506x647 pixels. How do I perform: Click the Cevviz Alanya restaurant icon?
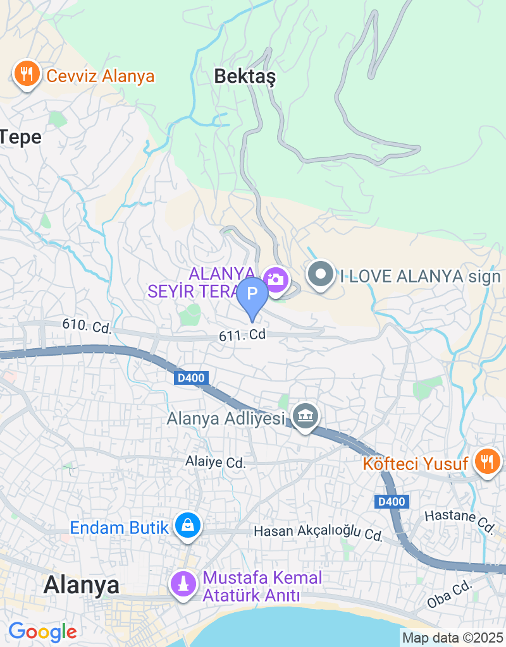pyautogui.click(x=26, y=75)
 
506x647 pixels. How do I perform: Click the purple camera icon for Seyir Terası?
pyautogui.click(x=276, y=279)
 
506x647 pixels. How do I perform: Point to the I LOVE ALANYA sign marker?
pyautogui.click(x=320, y=275)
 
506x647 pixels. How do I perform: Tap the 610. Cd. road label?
pyautogui.click(x=87, y=327)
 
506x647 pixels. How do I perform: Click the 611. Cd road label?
pyautogui.click(x=242, y=336)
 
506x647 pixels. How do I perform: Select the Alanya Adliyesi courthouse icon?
pyautogui.click(x=306, y=416)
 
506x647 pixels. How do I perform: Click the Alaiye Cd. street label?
pyautogui.click(x=215, y=463)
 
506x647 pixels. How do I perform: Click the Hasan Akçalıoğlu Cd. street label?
pyautogui.click(x=318, y=532)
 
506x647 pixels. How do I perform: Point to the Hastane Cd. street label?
pyautogui.click(x=459, y=519)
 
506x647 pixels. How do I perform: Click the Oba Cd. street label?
pyautogui.click(x=450, y=595)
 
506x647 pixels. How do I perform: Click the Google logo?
pyautogui.click(x=42, y=631)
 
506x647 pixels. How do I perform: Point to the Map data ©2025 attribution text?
pyautogui.click(x=453, y=638)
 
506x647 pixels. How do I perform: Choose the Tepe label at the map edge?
pyautogui.click(x=20, y=137)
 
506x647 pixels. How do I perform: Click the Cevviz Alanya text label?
pyautogui.click(x=101, y=76)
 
